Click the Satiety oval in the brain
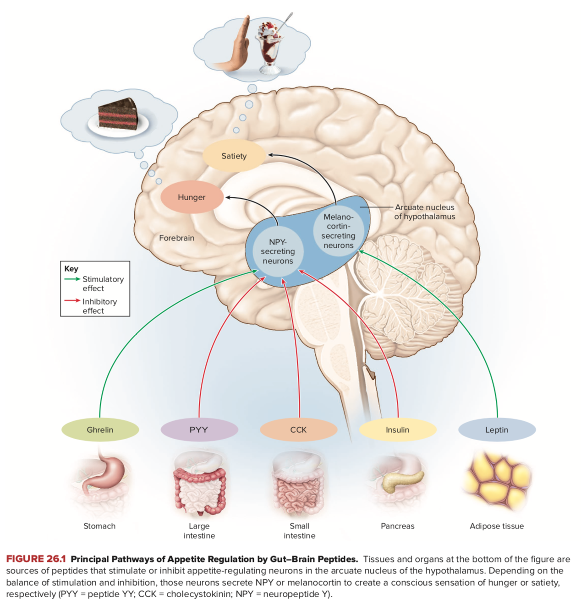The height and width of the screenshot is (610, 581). (234, 156)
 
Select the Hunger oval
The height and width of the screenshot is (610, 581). (192, 197)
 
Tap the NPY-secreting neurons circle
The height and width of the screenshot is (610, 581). (278, 251)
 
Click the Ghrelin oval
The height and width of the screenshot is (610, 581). (100, 430)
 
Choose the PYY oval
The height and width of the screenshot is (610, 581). (199, 430)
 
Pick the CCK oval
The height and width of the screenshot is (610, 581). (298, 430)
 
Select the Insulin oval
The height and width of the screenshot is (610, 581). (397, 430)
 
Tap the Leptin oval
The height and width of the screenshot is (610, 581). (497, 430)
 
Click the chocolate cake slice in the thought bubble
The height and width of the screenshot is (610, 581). (118, 114)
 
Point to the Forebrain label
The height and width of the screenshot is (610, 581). (176, 238)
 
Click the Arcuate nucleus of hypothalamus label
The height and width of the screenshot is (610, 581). (425, 212)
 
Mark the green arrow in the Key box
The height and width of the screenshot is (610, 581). (72, 279)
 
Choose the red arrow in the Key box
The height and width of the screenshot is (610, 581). (72, 301)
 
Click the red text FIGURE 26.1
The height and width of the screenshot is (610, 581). (36, 559)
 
